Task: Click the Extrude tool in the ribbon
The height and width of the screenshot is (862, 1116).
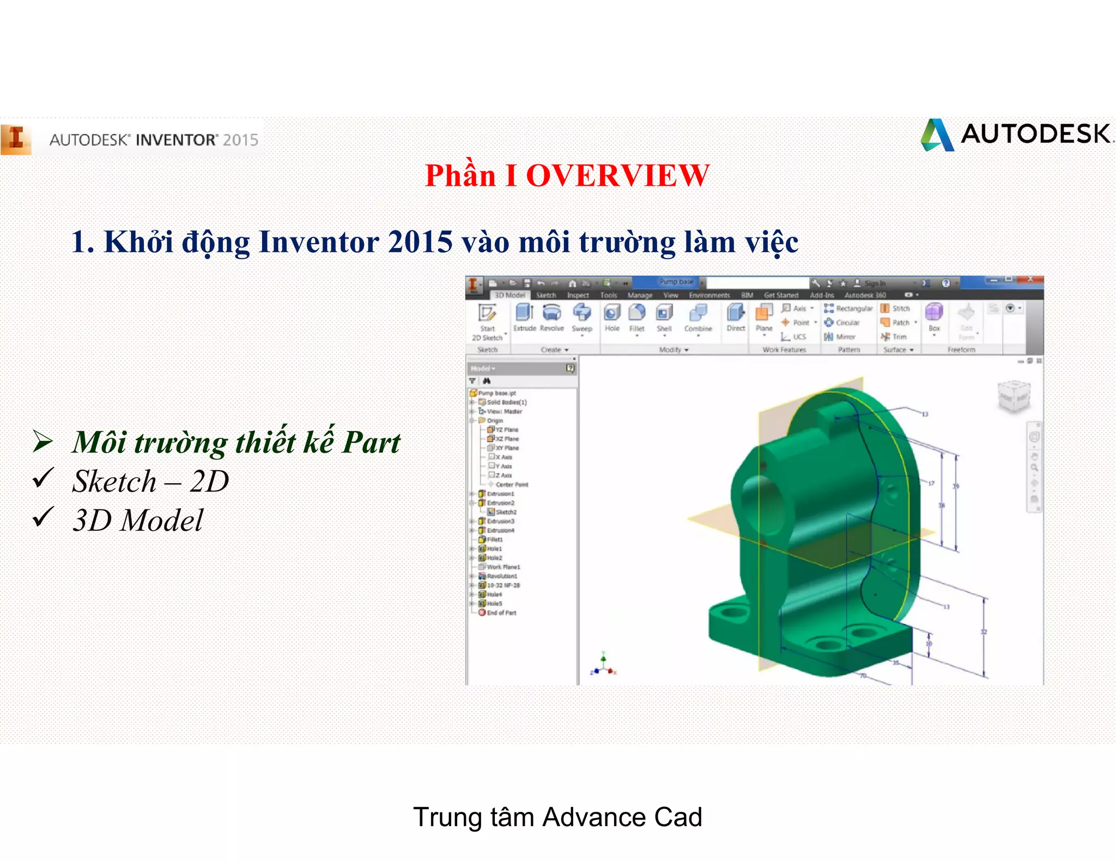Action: click(x=524, y=318)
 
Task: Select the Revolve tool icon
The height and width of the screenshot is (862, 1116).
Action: click(x=551, y=318)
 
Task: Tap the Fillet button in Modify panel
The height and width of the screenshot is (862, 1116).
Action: click(x=636, y=318)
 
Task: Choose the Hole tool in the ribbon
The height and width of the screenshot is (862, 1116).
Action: click(x=612, y=318)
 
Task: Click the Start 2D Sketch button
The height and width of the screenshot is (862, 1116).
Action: click(x=487, y=321)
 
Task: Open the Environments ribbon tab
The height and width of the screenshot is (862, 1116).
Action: click(x=709, y=295)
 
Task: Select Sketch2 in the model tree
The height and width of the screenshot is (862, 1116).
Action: click(x=505, y=512)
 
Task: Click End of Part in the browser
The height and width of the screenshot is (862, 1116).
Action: click(x=501, y=613)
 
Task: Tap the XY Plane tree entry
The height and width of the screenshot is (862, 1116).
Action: click(x=506, y=448)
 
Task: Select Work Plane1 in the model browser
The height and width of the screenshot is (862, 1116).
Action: click(x=502, y=567)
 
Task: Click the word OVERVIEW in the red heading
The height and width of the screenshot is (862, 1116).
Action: click(x=617, y=176)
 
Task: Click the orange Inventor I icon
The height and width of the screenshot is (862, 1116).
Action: click(x=16, y=138)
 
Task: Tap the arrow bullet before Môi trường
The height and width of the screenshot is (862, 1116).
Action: click(x=43, y=441)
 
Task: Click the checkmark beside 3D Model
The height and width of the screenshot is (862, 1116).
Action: click(x=43, y=517)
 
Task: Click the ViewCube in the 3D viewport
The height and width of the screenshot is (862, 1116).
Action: click(x=1014, y=396)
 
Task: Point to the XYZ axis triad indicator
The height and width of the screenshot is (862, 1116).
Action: click(x=603, y=664)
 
